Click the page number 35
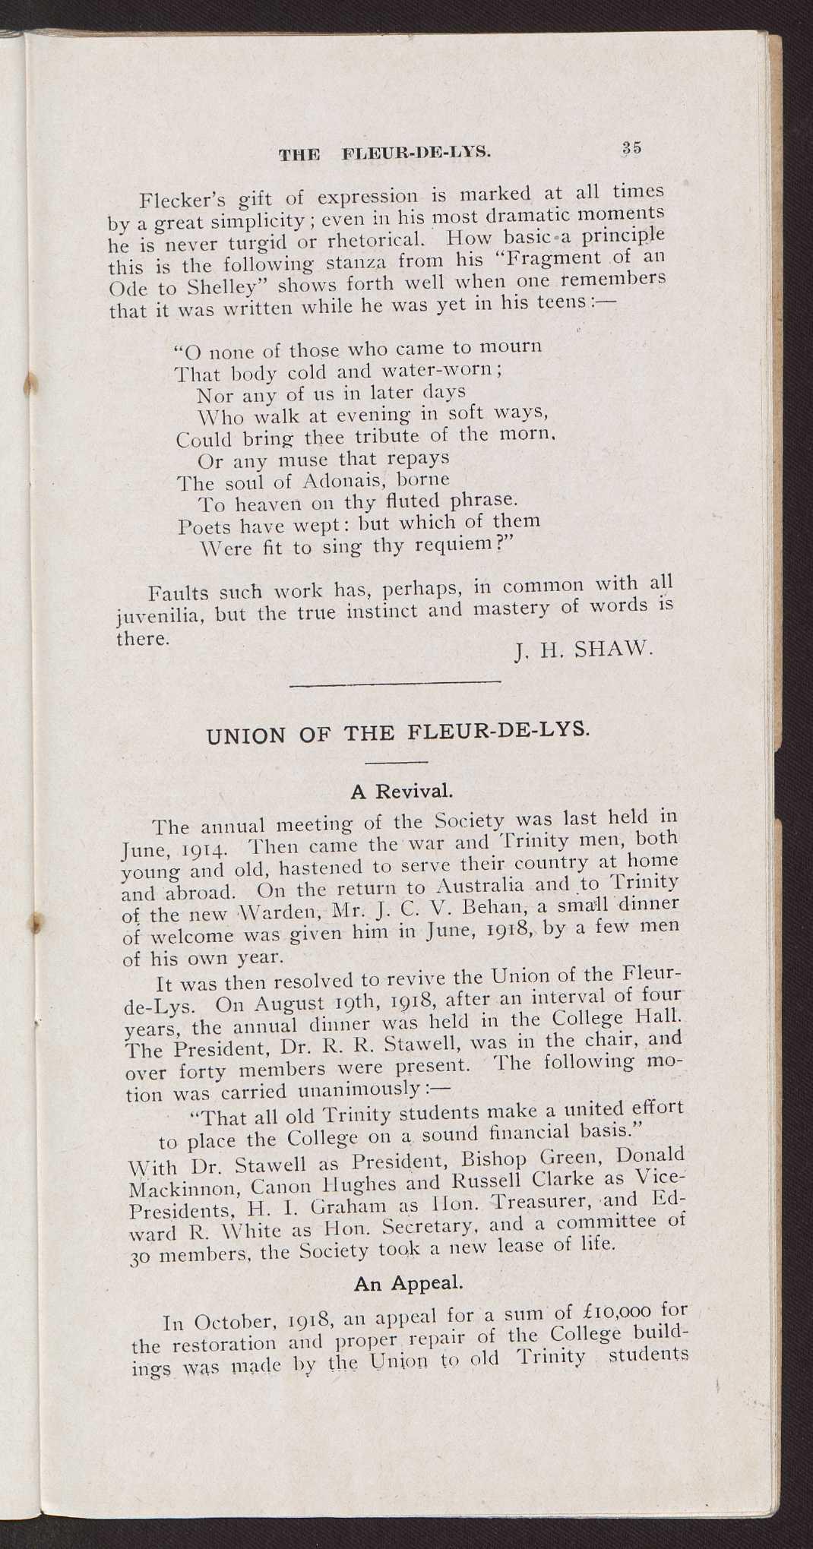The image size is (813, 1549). click(631, 147)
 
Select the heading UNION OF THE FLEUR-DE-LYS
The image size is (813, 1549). click(397, 733)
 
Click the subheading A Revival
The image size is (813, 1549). click(401, 792)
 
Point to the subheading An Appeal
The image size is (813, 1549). click(408, 1283)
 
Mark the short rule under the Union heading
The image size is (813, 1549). click(397, 762)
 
